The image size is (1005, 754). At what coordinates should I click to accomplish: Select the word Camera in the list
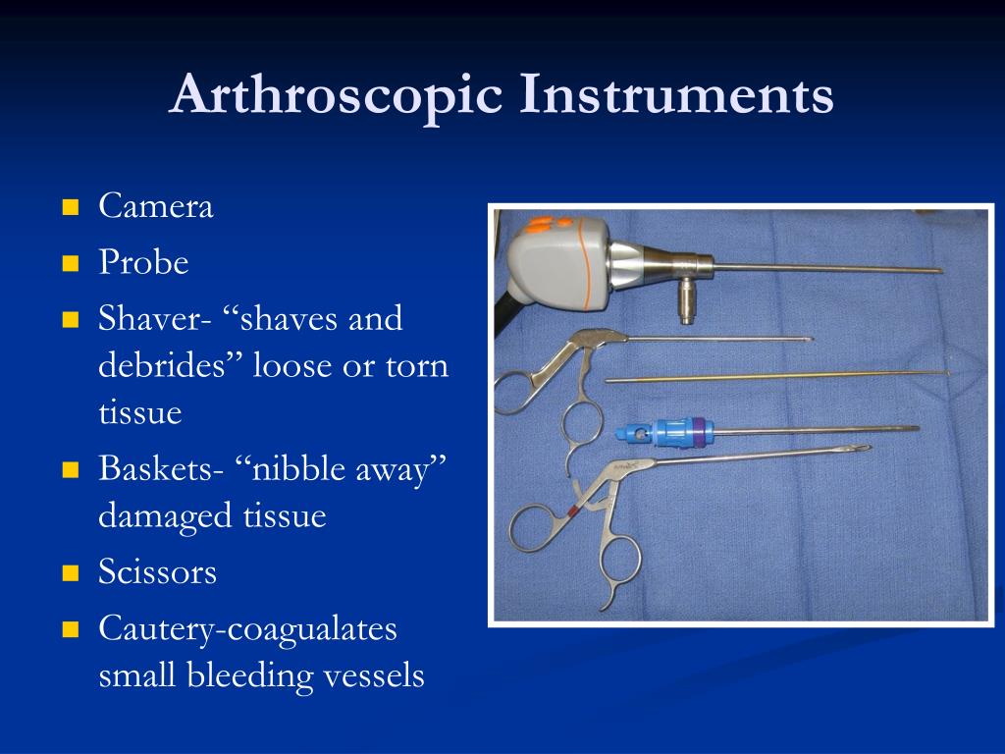pyautogui.click(x=156, y=207)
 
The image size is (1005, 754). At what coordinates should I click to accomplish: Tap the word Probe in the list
pyautogui.click(x=143, y=263)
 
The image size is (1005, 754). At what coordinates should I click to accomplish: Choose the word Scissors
pyautogui.click(x=157, y=571)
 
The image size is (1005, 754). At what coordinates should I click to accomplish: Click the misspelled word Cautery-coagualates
pyautogui.click(x=247, y=628)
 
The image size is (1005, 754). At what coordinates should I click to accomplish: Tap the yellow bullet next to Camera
pyautogui.click(x=70, y=208)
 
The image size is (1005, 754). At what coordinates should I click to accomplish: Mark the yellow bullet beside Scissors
pyautogui.click(x=70, y=572)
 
